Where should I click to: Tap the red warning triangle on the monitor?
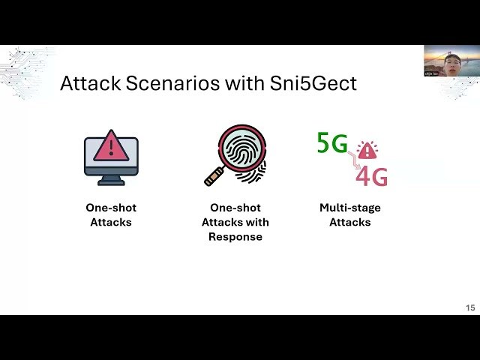click(x=111, y=145)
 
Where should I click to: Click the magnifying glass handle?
click(x=215, y=177)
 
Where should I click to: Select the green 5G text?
click(x=332, y=142)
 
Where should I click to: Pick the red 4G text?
click(x=371, y=177)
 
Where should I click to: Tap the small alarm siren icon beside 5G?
click(x=367, y=150)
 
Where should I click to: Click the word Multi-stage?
click(x=349, y=208)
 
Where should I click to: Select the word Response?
click(x=235, y=236)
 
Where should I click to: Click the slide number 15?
click(x=470, y=307)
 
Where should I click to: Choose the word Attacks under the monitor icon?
click(x=111, y=222)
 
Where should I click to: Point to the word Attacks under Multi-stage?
click(x=349, y=222)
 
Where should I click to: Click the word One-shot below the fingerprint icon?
click(x=235, y=208)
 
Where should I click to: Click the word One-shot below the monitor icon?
click(x=111, y=208)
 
